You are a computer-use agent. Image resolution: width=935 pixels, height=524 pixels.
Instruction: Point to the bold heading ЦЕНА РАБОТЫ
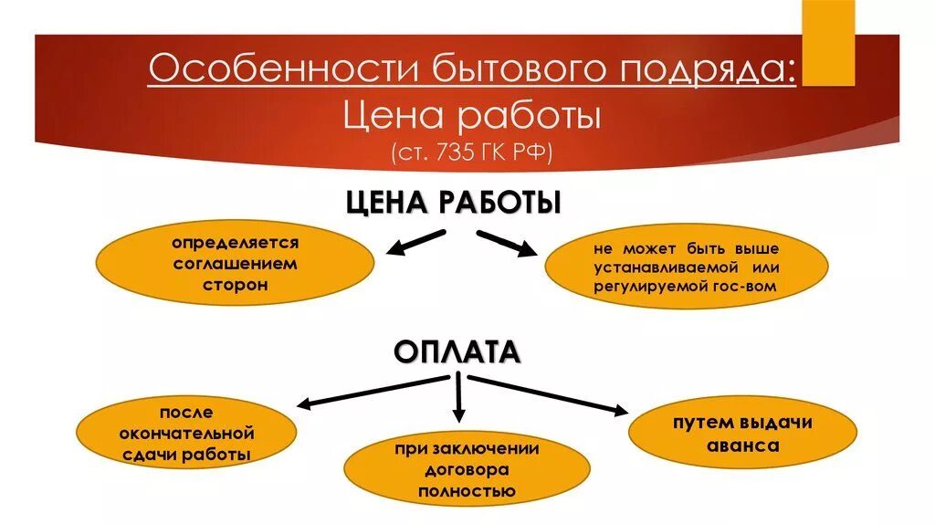453,203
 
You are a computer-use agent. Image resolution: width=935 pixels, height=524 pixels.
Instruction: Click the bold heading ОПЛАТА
457,351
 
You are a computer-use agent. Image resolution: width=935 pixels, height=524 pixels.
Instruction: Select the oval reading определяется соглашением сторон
235,265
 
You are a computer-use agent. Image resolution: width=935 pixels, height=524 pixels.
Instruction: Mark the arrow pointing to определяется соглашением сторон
416,242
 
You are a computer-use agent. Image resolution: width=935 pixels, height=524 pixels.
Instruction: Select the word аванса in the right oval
742,446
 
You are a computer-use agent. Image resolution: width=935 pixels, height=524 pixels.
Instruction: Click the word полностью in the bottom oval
467,491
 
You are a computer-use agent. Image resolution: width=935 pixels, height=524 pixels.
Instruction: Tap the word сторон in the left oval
235,285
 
